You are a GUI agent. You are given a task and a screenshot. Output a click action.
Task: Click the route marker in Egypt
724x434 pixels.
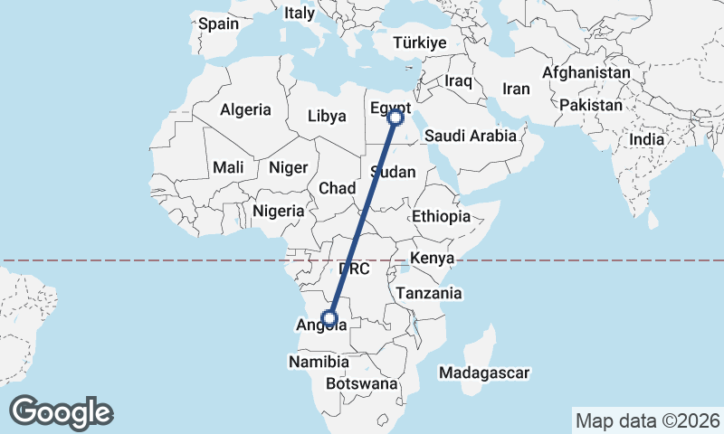395,116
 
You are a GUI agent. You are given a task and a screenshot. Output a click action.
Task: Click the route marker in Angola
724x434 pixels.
330,317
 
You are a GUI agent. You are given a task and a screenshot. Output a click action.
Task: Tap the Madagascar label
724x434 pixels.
483,373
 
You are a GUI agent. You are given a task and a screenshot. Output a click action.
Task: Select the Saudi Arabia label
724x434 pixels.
470,136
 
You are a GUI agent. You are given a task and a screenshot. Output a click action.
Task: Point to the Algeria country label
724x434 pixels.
245,109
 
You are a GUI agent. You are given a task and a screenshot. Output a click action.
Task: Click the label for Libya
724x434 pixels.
327,116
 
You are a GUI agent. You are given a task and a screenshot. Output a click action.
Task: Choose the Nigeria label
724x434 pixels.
278,211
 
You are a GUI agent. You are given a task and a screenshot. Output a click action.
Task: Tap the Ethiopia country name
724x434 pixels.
441,216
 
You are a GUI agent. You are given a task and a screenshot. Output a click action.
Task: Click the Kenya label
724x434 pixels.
431,259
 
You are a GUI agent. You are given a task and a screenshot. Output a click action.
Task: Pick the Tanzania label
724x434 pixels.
428,293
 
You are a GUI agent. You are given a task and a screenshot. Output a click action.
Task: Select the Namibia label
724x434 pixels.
319,362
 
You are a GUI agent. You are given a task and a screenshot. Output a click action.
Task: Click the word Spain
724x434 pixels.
218,24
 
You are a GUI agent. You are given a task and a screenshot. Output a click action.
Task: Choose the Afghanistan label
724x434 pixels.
586,72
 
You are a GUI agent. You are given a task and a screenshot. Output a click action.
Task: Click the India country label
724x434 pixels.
646,139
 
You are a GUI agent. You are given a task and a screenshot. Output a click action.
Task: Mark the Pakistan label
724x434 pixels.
591,105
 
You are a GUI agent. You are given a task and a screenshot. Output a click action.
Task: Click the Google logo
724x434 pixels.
62,411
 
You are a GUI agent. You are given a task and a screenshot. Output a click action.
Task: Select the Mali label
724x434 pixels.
228,167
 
